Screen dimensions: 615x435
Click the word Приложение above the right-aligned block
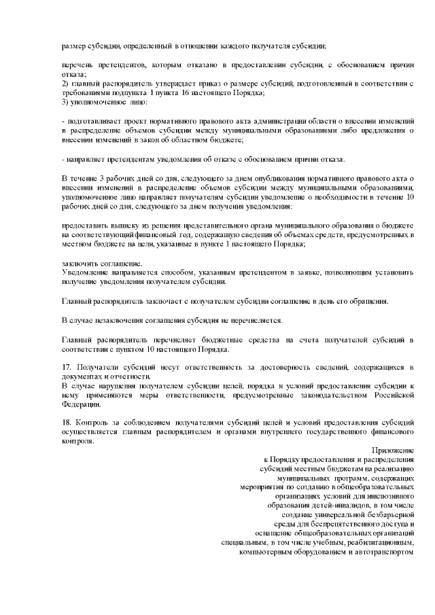tap(394, 450)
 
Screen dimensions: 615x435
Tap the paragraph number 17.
tap(66, 367)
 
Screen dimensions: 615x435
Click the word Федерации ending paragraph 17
tap(80, 403)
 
